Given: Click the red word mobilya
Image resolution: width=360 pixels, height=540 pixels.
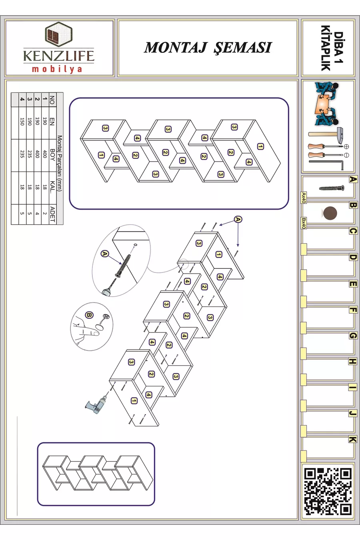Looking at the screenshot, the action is coord(57,69).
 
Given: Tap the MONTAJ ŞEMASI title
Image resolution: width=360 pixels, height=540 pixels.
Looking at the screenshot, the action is coord(208,48).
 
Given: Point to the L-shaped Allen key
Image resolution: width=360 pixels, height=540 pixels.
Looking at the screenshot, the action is coord(326,164).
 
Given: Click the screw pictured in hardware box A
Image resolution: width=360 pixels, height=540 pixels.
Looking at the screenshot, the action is coord(332,188).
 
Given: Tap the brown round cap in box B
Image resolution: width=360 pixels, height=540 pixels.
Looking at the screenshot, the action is coord(330,213).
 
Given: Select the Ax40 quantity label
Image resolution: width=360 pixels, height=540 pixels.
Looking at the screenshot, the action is coord(304,198).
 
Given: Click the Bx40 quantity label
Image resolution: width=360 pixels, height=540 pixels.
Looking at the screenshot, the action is coord(304,223).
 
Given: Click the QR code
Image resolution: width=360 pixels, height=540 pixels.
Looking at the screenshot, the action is coord(328,491).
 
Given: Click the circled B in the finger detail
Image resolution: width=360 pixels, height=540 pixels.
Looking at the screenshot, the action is coord(89,315).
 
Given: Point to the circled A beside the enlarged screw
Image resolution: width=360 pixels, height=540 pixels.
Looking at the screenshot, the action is coord(105,254).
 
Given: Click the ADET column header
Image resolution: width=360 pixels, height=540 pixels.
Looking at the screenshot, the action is coord(52,214).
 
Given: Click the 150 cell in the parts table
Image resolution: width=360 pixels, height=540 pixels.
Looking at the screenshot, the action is coord(22,122).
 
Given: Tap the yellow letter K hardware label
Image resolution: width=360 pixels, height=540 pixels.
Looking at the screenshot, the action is coord(352,439).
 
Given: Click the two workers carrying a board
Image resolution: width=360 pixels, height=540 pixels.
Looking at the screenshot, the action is coord(327,104).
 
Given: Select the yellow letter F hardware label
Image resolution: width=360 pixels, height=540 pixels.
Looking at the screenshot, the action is coord(352,310).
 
